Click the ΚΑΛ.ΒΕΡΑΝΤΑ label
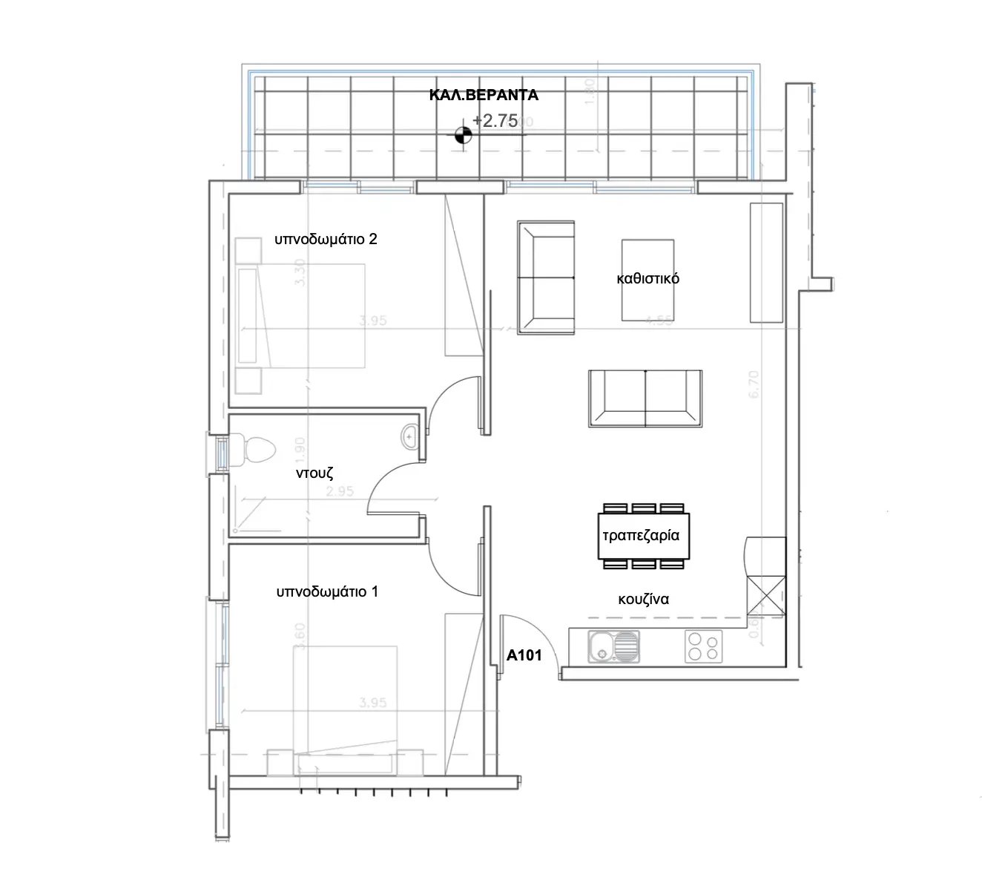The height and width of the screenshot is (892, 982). pos(484,95)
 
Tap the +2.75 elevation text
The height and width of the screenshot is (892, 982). pos(495,121)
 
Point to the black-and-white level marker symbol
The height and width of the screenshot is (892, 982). pos(463,134)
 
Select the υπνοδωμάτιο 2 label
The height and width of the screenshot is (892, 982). pos(326,239)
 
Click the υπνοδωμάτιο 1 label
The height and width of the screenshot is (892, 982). pos(327,591)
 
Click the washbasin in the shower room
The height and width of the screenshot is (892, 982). pos(409,436)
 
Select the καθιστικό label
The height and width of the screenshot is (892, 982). pos(647,279)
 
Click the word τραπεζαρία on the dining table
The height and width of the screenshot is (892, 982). pos(641,535)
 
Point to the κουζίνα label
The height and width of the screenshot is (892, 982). pos(643,599)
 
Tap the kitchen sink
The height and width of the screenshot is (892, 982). pos(613,646)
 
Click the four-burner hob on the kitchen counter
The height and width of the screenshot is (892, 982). pos(703,646)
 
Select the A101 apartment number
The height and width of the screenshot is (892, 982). pos(524,655)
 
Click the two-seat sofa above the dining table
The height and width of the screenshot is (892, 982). pos(645,399)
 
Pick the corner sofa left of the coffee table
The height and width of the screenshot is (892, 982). pos(546,278)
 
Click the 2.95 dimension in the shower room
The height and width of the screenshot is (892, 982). pos(340,491)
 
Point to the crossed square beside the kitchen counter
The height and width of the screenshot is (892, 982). pos(766,594)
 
